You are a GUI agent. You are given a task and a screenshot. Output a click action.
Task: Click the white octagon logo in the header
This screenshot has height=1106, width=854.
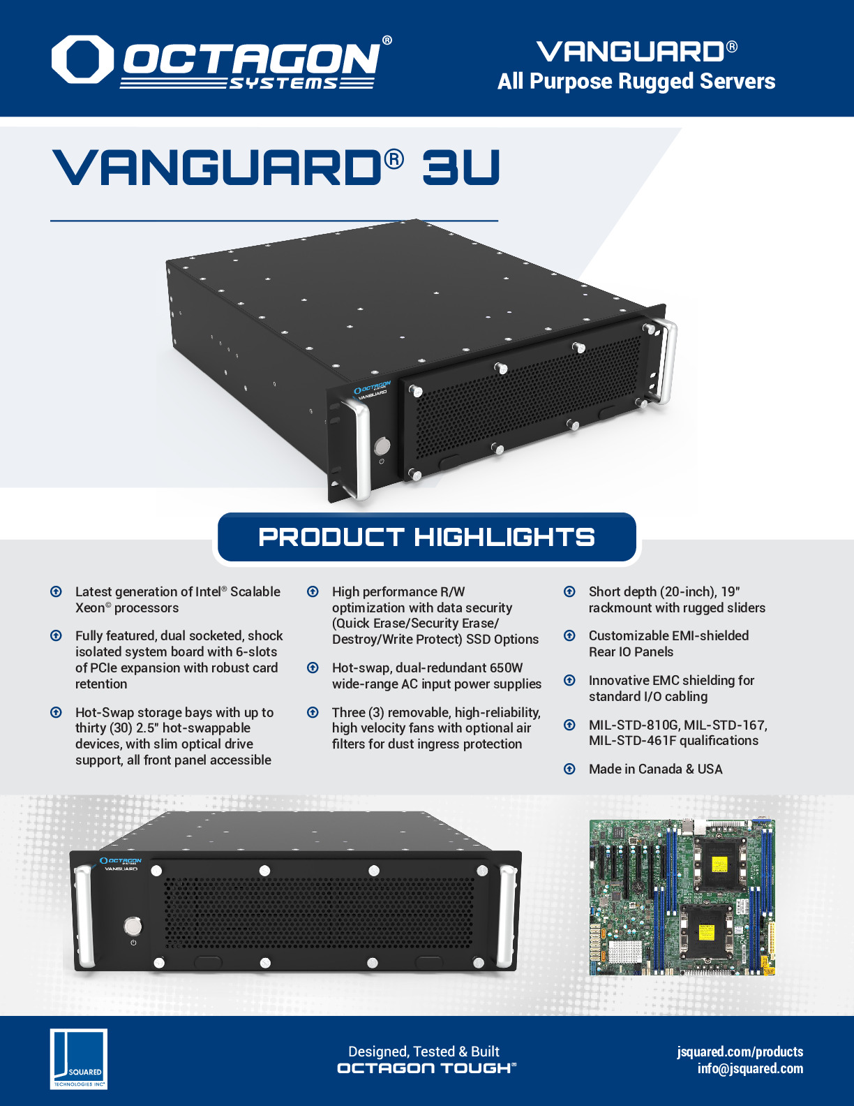82,59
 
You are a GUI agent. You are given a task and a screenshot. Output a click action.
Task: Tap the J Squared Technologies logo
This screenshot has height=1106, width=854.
79,1059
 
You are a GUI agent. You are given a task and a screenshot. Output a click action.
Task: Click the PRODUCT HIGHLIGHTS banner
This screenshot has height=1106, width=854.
427,537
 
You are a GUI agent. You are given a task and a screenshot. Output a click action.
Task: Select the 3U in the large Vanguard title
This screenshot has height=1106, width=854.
460,167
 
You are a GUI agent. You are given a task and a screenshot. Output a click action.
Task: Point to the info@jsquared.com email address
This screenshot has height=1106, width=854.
750,1068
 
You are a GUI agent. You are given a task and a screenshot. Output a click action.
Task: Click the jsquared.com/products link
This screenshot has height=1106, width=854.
740,1052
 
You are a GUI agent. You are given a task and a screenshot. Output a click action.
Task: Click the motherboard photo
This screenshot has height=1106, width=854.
682,897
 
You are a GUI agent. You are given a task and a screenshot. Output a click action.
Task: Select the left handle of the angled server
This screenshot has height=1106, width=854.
359,448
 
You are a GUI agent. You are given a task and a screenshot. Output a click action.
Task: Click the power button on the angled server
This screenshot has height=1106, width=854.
382,447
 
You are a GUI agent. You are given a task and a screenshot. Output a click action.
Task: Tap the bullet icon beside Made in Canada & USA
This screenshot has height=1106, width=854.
569,769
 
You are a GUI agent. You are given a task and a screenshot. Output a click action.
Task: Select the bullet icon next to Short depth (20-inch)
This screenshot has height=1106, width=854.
569,591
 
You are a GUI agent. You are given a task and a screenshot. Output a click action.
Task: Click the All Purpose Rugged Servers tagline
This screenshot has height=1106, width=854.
636,82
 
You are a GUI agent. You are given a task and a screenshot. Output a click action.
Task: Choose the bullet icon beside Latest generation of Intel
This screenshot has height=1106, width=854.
56,591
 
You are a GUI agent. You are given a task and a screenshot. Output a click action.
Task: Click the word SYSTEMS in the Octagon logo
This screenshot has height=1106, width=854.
283,84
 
